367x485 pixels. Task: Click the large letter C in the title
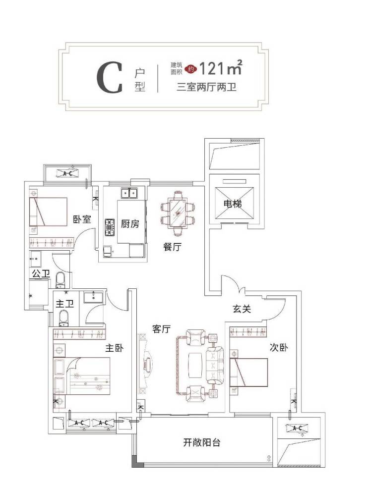click(x=109, y=78)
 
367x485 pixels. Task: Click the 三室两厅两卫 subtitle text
click(x=205, y=88)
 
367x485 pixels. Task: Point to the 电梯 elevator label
click(x=232, y=203)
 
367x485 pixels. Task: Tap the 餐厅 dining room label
click(x=172, y=247)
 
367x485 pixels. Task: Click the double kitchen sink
click(x=128, y=193)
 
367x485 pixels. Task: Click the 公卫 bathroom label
click(x=40, y=273)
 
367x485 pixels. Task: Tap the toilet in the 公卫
click(x=61, y=279)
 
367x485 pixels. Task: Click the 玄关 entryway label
click(x=242, y=309)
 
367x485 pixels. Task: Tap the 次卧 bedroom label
click(x=279, y=348)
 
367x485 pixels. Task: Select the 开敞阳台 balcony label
click(x=201, y=443)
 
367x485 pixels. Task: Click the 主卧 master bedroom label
click(x=114, y=349)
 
